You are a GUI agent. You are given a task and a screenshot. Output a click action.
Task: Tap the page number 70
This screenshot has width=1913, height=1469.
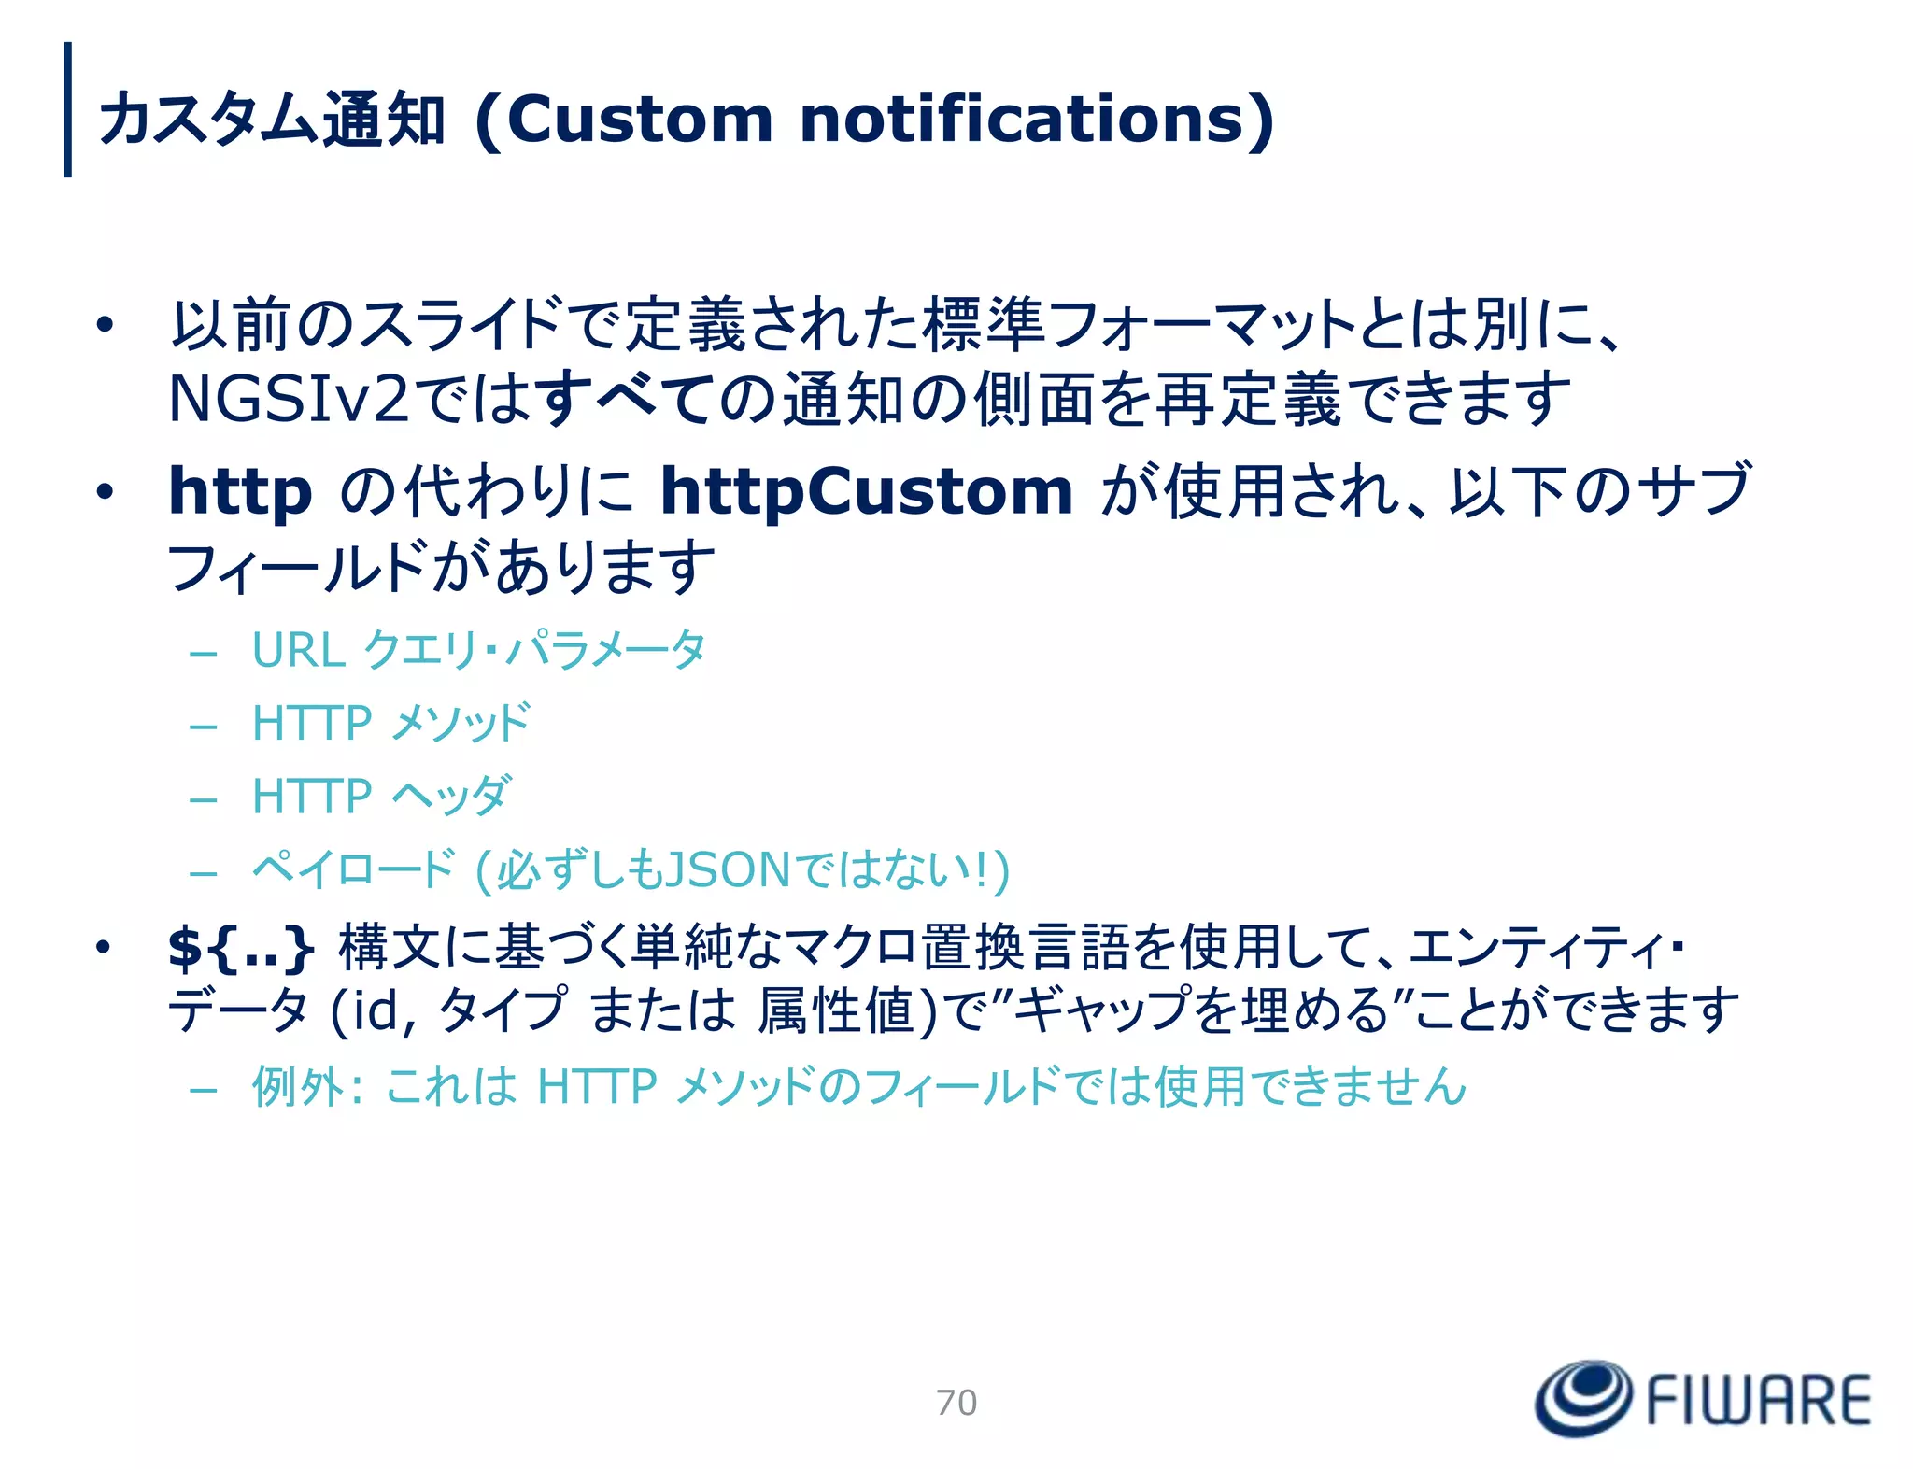pyautogui.click(x=956, y=1402)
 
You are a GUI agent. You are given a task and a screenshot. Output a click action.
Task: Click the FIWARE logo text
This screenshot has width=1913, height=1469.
pyautogui.click(x=1758, y=1400)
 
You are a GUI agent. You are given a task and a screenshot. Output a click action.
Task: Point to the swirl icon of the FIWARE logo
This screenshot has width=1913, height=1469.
pyautogui.click(x=1583, y=1397)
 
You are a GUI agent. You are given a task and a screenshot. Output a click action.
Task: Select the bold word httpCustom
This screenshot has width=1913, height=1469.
pyautogui.click(x=866, y=492)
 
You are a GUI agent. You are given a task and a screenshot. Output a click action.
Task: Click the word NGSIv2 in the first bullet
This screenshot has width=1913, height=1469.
pyautogui.click(x=288, y=400)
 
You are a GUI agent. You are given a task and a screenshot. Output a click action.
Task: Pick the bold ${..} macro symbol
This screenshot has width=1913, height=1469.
pyautogui.click(x=240, y=947)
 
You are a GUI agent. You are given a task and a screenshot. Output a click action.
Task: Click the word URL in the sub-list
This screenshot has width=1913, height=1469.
pyautogui.click(x=298, y=650)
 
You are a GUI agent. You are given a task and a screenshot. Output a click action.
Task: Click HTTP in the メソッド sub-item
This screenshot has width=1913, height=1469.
pyautogui.click(x=312, y=724)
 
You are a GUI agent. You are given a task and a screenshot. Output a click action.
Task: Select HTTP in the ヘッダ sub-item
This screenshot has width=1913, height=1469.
pyautogui.click(x=312, y=797)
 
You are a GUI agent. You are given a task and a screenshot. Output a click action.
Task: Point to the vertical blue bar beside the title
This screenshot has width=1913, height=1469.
pyautogui.click(x=67, y=109)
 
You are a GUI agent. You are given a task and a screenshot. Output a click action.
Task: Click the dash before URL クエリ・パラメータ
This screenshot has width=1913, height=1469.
pyautogui.click(x=203, y=653)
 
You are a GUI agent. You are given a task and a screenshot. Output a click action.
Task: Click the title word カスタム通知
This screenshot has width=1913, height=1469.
pyautogui.click(x=271, y=120)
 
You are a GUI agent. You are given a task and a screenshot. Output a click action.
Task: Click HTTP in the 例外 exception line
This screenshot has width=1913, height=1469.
pyautogui.click(x=597, y=1087)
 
